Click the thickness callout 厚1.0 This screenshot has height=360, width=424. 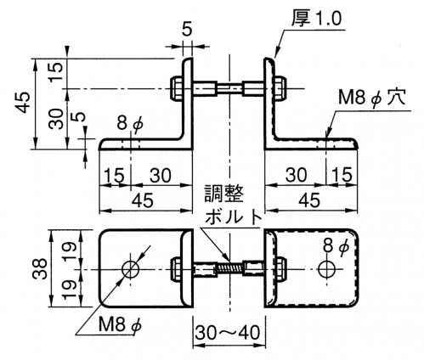coord(317,18)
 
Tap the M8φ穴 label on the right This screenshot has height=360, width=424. coord(372,98)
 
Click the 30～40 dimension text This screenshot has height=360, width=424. coord(228,332)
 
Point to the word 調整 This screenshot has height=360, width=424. coord(224,194)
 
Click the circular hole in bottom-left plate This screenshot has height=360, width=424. coord(131,269)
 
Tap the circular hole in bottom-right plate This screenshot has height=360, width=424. coord(326,269)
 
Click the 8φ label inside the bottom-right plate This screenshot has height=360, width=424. coord(336,247)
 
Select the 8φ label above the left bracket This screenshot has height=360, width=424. coord(130,124)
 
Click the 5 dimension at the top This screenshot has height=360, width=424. coord(187,30)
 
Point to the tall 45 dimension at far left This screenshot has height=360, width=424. coord(24,102)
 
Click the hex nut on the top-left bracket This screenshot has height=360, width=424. coord(176,88)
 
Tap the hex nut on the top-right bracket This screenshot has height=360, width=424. coord(280,88)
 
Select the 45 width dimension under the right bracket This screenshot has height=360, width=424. coord(310,200)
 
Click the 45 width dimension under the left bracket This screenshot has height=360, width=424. coord(144,200)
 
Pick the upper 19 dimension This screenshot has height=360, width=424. coord(70,247)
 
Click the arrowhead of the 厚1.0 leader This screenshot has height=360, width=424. coord(276,55)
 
